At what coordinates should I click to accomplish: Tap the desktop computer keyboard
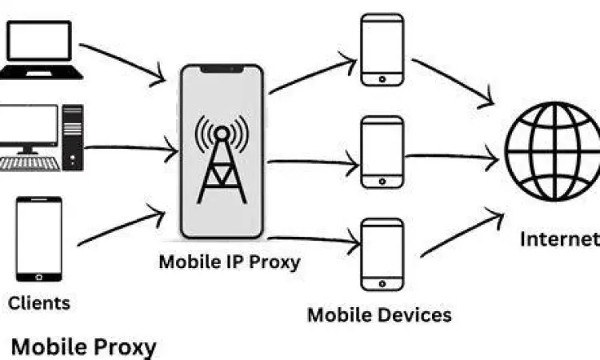(29, 163)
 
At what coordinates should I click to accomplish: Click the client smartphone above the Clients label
(39, 239)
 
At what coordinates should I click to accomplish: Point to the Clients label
(39, 302)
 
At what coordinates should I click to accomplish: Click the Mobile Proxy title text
(83, 346)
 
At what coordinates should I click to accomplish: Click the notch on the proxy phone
(222, 70)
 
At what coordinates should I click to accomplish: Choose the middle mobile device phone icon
(382, 152)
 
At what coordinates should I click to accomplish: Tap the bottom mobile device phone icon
(382, 254)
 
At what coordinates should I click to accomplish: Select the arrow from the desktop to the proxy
(128, 147)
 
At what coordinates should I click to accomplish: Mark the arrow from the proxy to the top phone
(312, 74)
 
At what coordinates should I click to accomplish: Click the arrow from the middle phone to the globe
(452, 157)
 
